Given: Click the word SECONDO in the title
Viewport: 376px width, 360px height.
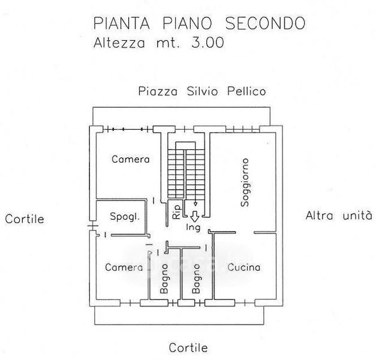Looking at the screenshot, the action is click(x=265, y=23).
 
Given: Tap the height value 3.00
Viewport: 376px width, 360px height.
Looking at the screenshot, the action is click(x=207, y=43).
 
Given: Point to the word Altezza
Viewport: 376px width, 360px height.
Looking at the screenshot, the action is click(x=119, y=43).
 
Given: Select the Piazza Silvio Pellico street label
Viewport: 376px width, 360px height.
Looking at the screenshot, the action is click(x=202, y=91).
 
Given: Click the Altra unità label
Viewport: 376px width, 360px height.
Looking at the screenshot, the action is click(x=339, y=215).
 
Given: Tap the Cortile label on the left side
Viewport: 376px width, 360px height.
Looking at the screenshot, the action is click(x=25, y=219).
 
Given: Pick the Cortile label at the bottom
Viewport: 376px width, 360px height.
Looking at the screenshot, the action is click(x=188, y=348).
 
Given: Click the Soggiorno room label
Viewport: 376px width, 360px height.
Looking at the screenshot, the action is click(x=245, y=182).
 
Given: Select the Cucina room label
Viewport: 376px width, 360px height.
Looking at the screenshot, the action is click(x=244, y=267).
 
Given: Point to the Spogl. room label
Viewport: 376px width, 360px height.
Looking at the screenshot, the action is click(x=125, y=217).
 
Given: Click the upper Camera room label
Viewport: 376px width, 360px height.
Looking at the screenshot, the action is click(x=131, y=159).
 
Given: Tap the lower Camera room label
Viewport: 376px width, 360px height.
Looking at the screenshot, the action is click(x=124, y=268).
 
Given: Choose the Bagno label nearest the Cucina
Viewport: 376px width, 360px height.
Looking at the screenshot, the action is click(x=196, y=278).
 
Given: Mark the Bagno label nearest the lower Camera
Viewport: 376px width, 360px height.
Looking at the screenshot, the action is click(x=164, y=278).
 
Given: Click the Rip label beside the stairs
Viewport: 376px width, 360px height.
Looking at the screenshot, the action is click(x=176, y=212).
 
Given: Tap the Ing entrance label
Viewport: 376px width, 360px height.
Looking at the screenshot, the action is click(x=193, y=227).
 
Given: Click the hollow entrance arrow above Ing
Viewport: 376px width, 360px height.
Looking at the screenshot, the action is click(x=195, y=216).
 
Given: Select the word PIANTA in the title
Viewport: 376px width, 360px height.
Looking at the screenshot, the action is click(x=122, y=23).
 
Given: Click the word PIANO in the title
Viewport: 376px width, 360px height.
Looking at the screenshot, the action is click(x=187, y=23).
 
